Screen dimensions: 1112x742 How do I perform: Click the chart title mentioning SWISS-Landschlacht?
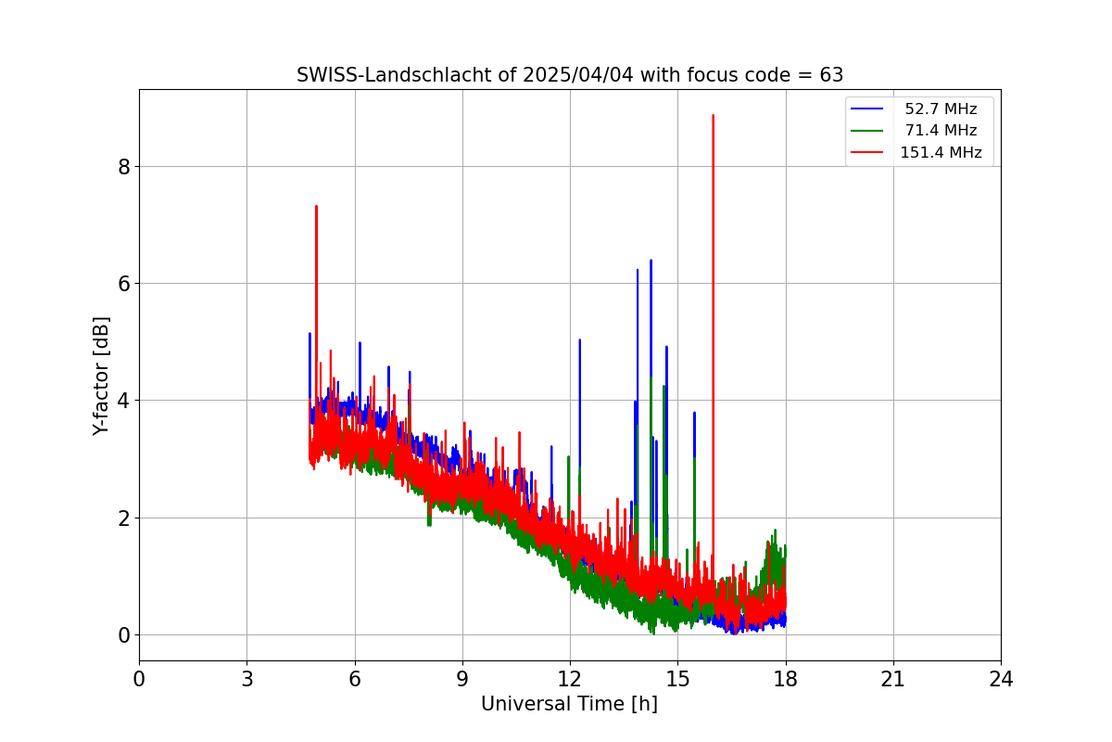click(x=570, y=75)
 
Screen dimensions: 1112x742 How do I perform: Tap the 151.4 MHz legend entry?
click(x=916, y=152)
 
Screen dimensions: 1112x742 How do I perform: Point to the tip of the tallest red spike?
click(x=713, y=115)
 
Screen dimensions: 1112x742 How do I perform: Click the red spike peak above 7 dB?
click(x=316, y=206)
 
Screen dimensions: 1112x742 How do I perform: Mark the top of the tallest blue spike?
click(x=651, y=261)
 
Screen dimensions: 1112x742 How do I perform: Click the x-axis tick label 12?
click(x=570, y=679)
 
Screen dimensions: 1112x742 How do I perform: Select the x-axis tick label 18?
click(x=786, y=679)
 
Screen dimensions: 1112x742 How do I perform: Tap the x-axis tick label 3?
click(x=247, y=679)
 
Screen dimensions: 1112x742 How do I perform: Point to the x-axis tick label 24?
click(x=1001, y=679)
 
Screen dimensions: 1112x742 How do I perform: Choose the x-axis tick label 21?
click(x=893, y=679)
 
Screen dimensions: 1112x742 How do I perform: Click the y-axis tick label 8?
click(x=124, y=167)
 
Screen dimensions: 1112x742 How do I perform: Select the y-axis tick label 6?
click(x=124, y=284)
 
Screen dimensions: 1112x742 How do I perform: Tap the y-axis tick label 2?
click(x=124, y=518)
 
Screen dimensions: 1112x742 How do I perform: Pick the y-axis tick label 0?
click(x=124, y=635)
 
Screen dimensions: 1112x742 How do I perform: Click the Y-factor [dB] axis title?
click(x=101, y=377)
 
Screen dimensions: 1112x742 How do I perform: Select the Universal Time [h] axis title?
click(x=569, y=704)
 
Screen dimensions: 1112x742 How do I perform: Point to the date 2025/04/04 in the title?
click(x=578, y=75)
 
